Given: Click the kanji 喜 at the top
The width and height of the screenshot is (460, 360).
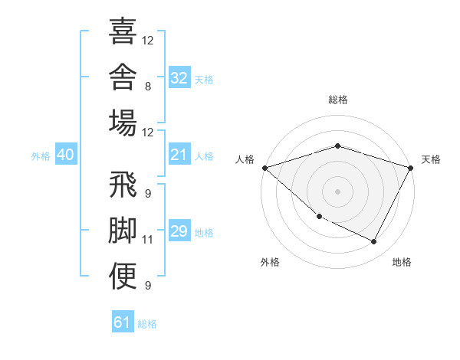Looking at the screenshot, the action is (x=123, y=31).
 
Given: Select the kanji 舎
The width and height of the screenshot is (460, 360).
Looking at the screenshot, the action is (x=123, y=77).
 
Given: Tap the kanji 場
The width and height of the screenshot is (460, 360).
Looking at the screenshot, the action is (x=123, y=123).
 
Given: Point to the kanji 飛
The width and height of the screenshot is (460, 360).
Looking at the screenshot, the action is (x=123, y=184).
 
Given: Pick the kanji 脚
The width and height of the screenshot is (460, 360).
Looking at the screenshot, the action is (x=123, y=230).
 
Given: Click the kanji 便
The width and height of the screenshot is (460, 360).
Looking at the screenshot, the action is (x=123, y=276).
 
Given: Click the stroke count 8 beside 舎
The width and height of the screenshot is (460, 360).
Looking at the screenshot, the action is (x=148, y=87).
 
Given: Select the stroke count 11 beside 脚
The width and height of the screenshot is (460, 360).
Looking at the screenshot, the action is (x=147, y=240).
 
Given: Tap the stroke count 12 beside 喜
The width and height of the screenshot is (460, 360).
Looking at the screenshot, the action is (x=147, y=41).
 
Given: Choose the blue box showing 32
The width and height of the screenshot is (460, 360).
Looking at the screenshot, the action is (x=179, y=77).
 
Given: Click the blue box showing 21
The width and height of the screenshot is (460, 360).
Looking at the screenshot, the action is (x=179, y=154).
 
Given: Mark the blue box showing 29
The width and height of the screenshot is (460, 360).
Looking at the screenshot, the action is (x=179, y=230).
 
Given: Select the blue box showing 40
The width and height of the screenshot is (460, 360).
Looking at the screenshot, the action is (x=66, y=154).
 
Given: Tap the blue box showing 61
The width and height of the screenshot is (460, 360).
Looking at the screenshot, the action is (x=123, y=321).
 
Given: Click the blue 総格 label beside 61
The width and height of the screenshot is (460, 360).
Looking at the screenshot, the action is (x=147, y=324).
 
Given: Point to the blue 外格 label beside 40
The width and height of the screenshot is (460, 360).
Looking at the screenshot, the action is (x=41, y=156).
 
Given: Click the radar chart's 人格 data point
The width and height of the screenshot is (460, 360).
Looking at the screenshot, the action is (x=265, y=168).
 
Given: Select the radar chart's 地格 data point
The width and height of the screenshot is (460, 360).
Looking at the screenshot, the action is (x=373, y=241).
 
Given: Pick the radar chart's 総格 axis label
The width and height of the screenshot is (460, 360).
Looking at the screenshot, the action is (x=338, y=100).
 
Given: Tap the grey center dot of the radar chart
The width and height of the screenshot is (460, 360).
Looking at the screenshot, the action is (x=337, y=191).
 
